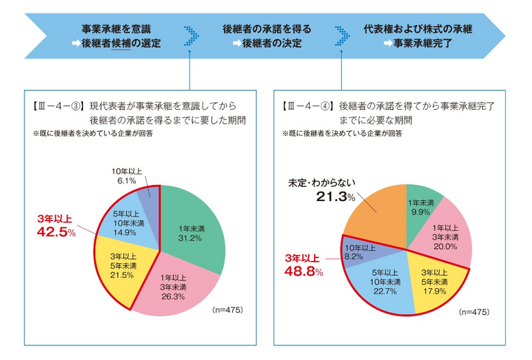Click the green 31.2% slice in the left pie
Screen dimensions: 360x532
[x=193, y=230]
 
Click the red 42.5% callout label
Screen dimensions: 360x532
[x=56, y=228]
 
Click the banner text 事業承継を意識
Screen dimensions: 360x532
[x=116, y=29]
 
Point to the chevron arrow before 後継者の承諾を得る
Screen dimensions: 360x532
[x=191, y=36]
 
